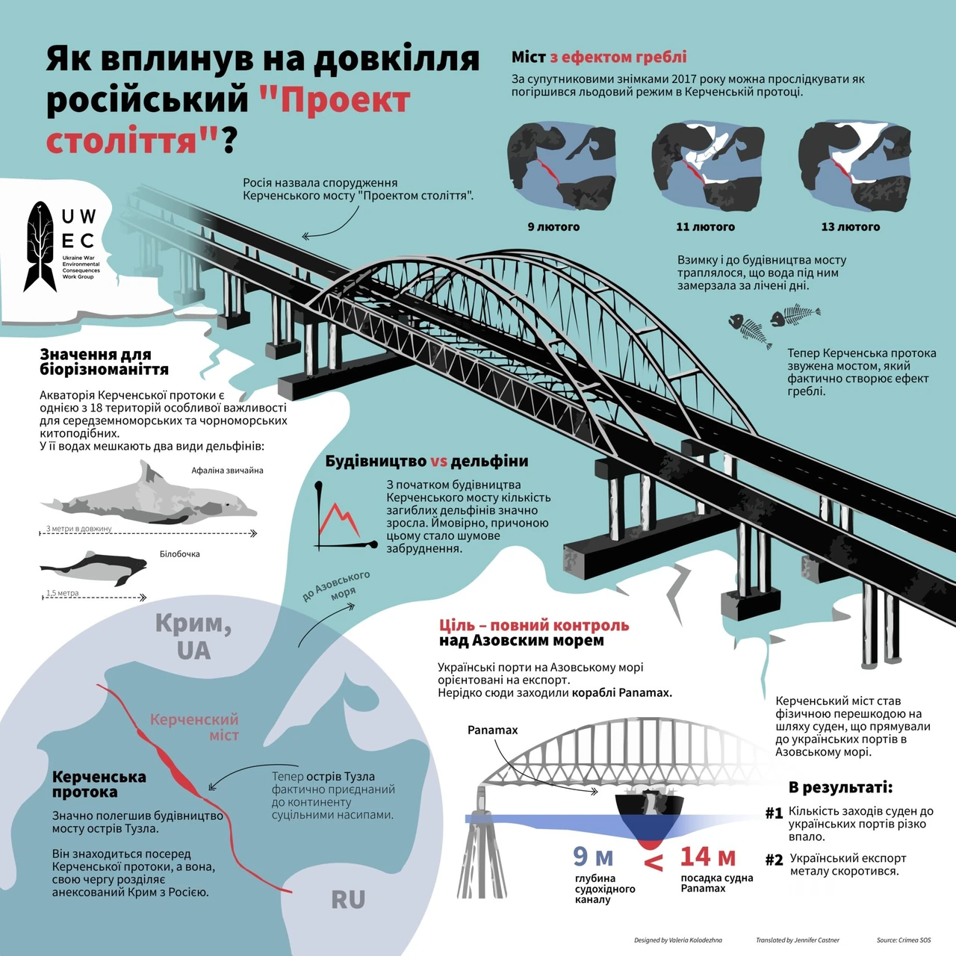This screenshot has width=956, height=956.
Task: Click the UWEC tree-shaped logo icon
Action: point(40,246)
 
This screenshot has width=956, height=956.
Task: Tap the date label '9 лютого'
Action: point(553,227)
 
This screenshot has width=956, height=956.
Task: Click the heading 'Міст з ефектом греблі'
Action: point(599,57)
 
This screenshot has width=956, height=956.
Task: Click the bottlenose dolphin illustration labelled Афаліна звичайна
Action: point(149,496)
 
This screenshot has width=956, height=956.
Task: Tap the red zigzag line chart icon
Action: point(341,521)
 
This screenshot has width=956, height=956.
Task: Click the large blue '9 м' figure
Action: point(593,856)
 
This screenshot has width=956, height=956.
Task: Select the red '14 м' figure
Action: point(707,856)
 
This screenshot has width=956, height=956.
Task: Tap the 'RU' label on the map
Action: point(348,899)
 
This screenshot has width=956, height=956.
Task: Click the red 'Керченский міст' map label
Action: point(194,727)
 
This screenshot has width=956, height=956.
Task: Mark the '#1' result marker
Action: point(774,813)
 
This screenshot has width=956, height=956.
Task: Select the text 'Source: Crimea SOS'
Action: point(904,940)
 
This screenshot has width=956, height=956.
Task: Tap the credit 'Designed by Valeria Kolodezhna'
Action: point(678,940)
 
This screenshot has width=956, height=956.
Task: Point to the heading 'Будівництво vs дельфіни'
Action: point(426,461)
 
